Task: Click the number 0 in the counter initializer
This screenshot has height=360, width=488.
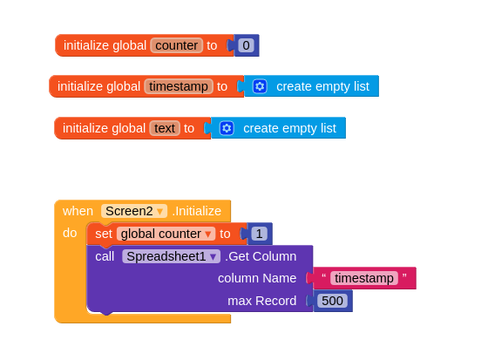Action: pos(246,45)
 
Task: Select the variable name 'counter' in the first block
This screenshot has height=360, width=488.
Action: pos(176,45)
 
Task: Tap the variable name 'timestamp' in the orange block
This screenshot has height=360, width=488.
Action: pos(179,86)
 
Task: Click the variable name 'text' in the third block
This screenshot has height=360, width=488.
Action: pos(165,128)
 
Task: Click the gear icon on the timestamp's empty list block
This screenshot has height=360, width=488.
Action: pos(260,86)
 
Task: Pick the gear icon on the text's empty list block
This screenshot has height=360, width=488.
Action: pos(227,128)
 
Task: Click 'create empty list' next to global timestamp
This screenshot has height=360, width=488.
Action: pos(322,86)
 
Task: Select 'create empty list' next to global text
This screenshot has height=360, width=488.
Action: pos(289,128)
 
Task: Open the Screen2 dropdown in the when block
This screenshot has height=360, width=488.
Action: pos(134,211)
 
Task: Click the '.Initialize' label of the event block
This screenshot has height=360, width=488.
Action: pos(197,211)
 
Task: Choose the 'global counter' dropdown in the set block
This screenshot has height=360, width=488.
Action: pos(166,234)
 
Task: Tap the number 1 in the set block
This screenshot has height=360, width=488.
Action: pos(259,234)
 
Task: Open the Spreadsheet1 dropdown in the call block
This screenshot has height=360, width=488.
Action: pos(171,256)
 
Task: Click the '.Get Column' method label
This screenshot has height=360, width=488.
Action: pos(261,256)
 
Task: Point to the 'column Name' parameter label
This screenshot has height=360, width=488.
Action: pos(257,278)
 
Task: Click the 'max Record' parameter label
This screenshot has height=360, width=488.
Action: pos(262,301)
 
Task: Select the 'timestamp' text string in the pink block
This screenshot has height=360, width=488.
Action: pos(364,278)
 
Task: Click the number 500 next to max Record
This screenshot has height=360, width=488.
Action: pos(332,301)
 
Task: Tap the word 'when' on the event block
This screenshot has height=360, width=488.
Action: pos(78,211)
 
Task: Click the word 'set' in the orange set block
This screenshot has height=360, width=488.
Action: pos(104,234)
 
